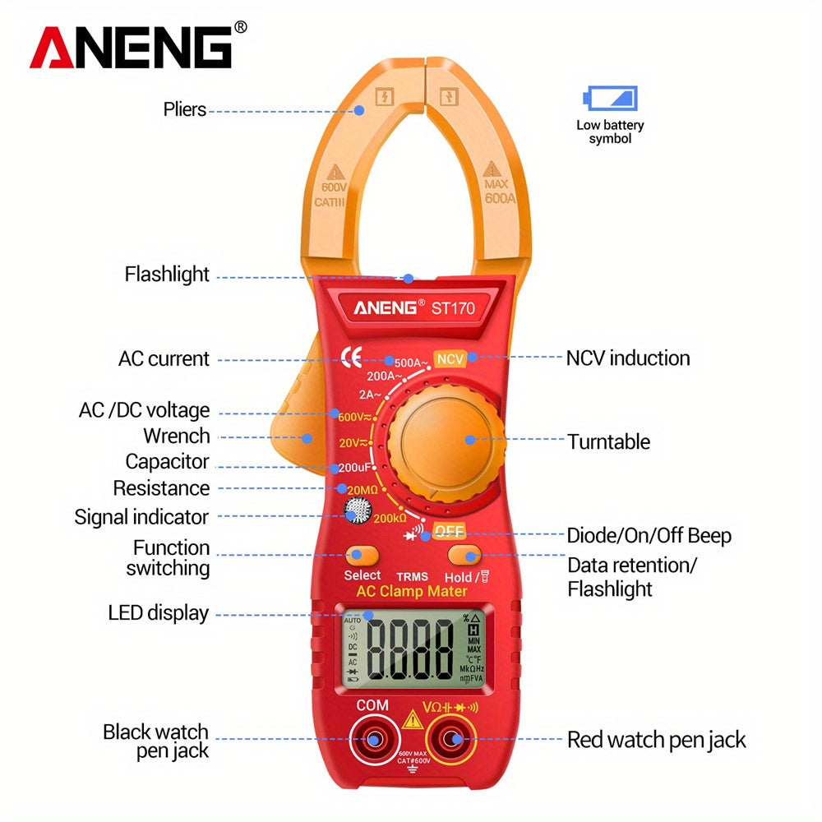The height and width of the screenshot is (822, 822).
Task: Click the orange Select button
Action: (x=362, y=554)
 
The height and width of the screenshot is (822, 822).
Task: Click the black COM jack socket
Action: (x=372, y=740)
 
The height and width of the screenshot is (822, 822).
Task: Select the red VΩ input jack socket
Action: (x=453, y=740)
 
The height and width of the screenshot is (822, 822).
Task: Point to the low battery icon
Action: (x=610, y=99)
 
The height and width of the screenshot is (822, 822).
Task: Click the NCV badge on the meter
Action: (x=450, y=359)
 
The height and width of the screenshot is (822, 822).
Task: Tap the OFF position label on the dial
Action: (x=450, y=531)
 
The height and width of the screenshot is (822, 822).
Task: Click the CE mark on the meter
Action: (x=351, y=357)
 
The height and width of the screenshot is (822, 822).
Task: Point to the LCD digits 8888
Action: (x=411, y=647)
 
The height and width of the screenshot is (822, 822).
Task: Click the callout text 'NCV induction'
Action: (x=628, y=358)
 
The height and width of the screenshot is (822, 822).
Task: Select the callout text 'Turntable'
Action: (x=608, y=442)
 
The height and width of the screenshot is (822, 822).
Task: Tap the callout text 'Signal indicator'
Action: (x=141, y=517)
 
